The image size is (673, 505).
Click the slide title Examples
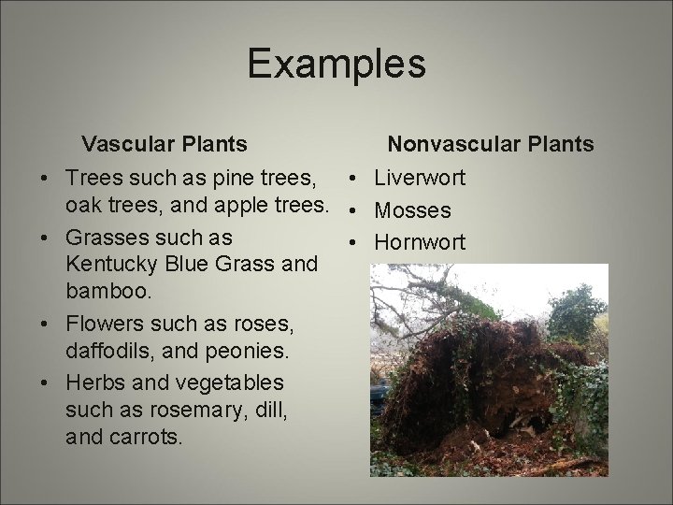click(x=336, y=65)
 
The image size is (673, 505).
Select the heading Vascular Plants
click(x=165, y=144)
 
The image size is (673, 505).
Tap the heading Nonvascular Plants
click(x=491, y=144)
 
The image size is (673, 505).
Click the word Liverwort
click(x=420, y=177)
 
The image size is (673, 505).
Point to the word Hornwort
click(x=420, y=242)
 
